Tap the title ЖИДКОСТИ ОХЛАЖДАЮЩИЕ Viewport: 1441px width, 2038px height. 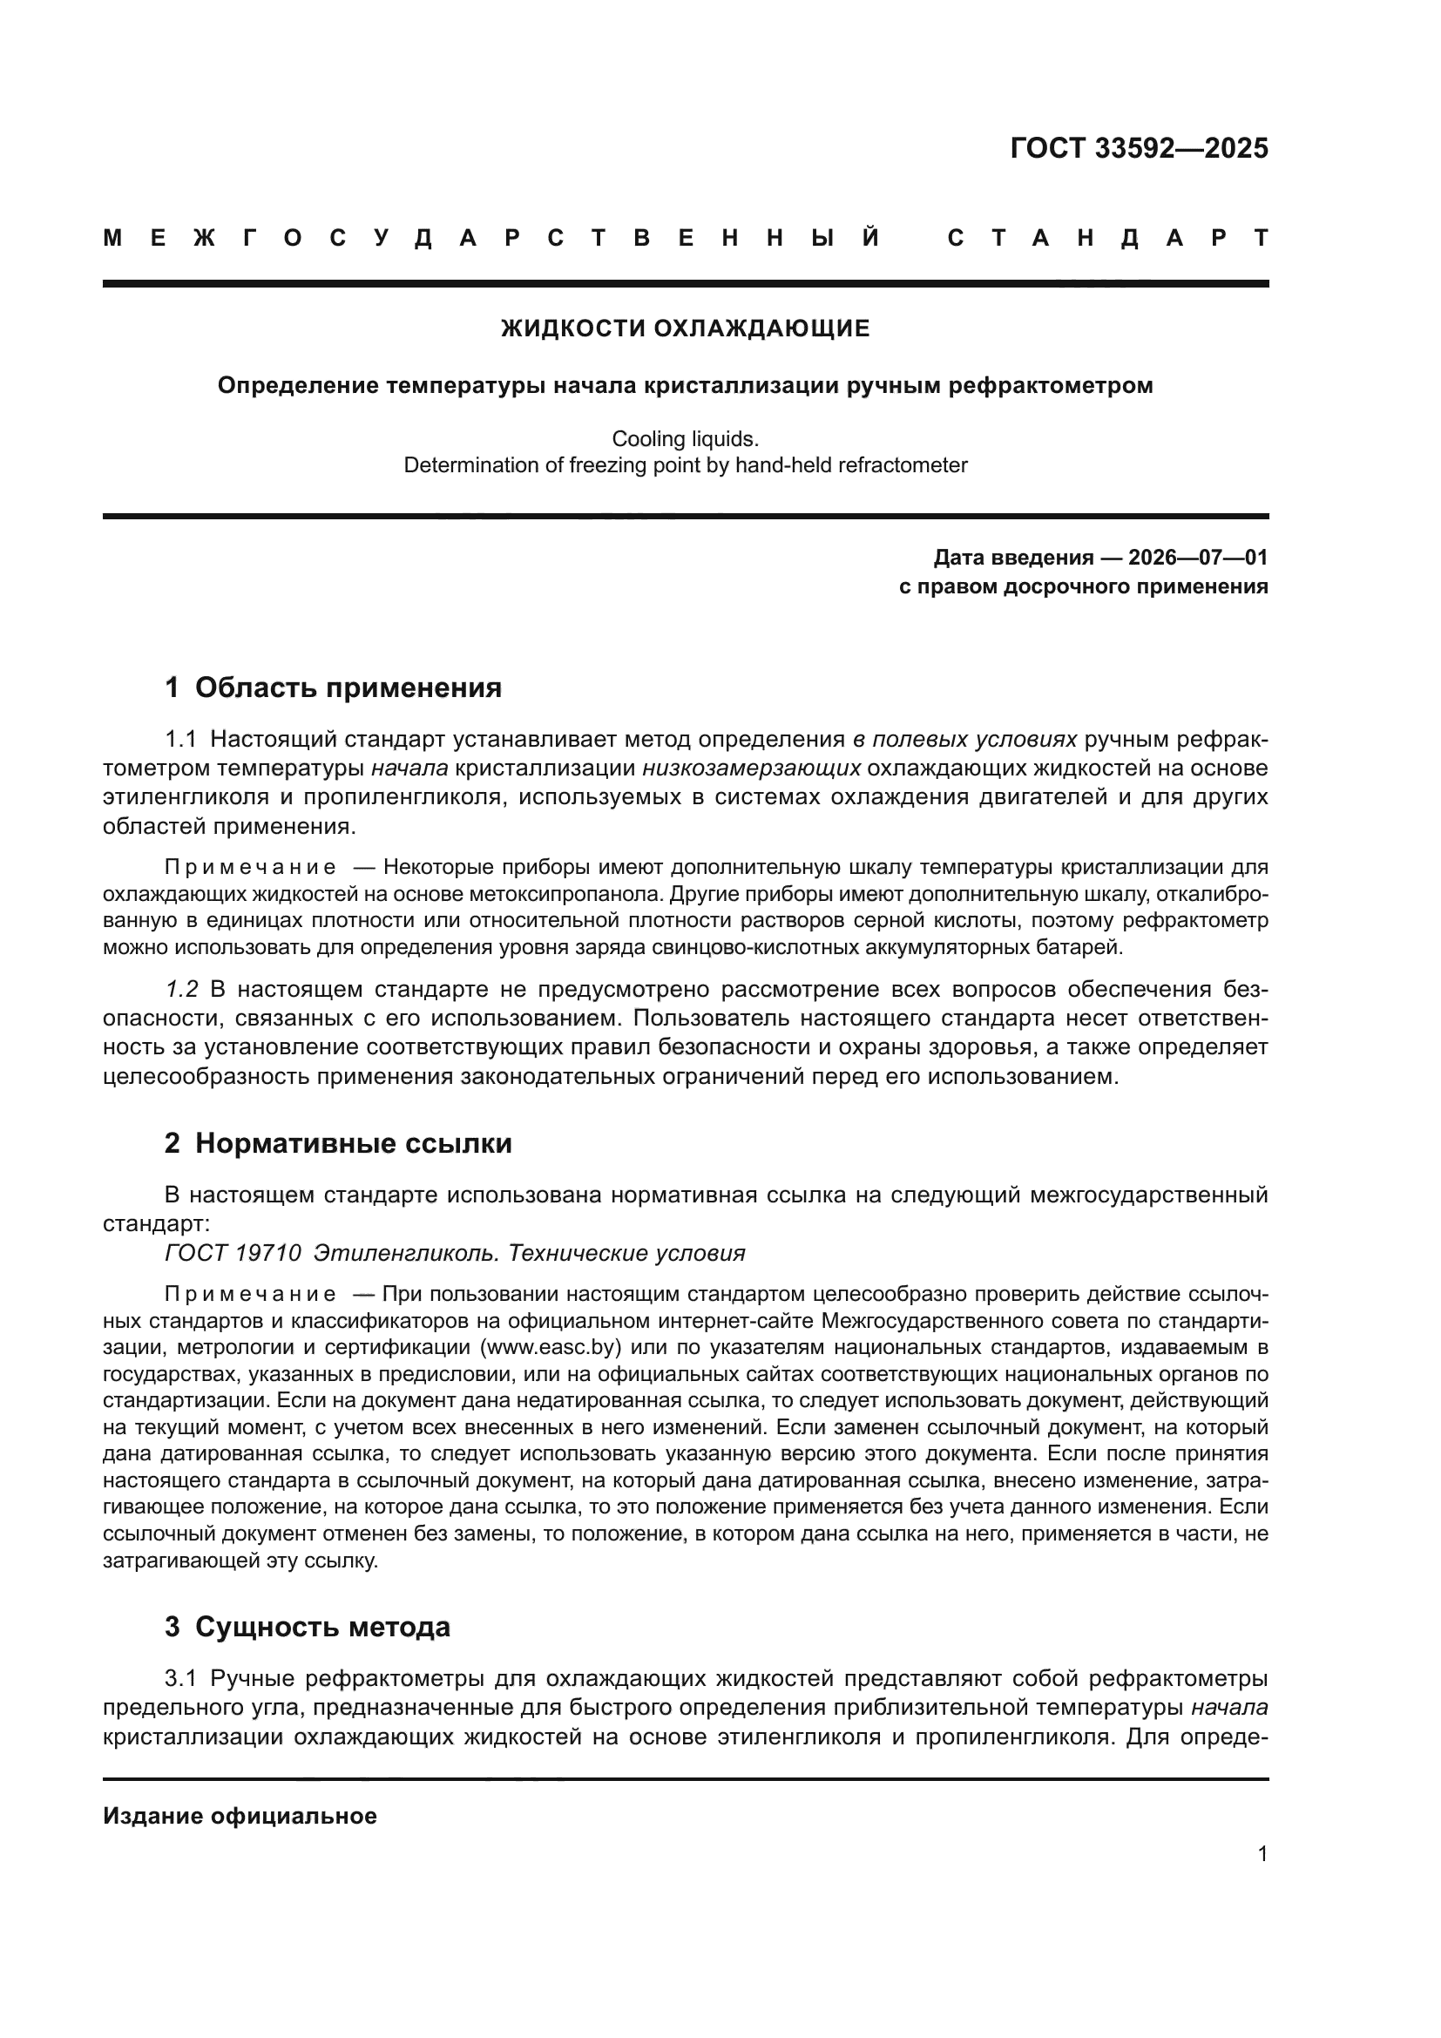click(x=685, y=328)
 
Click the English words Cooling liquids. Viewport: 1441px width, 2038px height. click(x=685, y=438)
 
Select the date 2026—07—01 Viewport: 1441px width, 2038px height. click(x=1197, y=558)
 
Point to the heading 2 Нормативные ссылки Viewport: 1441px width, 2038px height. click(x=338, y=1143)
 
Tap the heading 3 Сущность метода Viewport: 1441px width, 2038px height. click(x=307, y=1627)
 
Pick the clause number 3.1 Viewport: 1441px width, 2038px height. click(x=180, y=1678)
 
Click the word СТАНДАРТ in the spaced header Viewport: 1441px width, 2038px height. click(x=1107, y=238)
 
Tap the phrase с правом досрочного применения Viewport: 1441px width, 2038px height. click(x=1083, y=586)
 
